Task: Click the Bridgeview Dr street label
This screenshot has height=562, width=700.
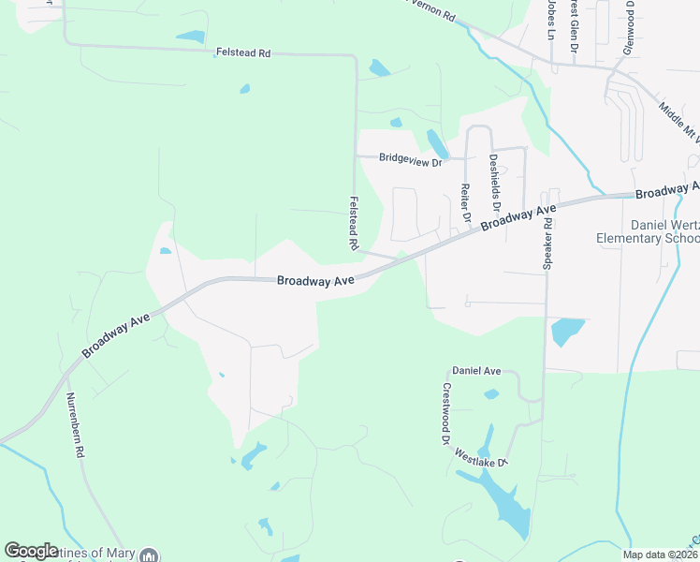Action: [x=410, y=159]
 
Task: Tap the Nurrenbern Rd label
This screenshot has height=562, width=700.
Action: [x=74, y=424]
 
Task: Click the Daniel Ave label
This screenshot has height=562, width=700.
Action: [x=476, y=372]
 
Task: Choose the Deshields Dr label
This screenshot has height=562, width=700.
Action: [x=495, y=183]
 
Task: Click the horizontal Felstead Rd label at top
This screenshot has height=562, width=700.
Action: [x=242, y=54]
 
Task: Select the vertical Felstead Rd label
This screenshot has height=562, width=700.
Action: [x=354, y=223]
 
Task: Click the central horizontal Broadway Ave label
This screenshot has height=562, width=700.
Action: [x=315, y=280]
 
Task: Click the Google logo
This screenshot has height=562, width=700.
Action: [x=31, y=551]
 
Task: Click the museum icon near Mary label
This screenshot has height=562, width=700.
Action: [x=149, y=555]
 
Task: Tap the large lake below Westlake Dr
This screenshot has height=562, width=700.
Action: [x=501, y=501]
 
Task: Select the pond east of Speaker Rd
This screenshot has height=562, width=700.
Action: [x=567, y=331]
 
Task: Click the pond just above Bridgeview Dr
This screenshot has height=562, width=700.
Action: [x=437, y=143]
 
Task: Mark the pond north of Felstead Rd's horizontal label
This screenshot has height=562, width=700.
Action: [x=190, y=37]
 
